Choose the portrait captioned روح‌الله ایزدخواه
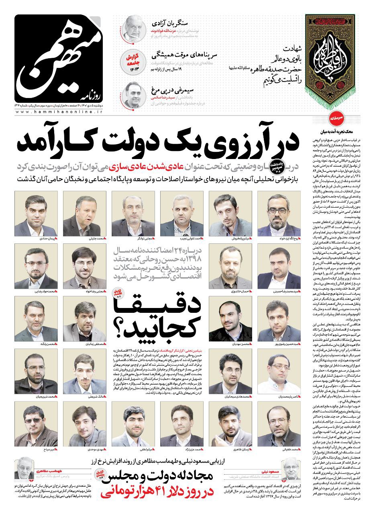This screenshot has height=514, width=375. point(279,214)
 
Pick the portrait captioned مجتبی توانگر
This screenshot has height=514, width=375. point(133,214)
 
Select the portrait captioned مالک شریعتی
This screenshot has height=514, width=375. point(84,371)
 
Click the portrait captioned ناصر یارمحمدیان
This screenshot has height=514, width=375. point(279,371)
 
